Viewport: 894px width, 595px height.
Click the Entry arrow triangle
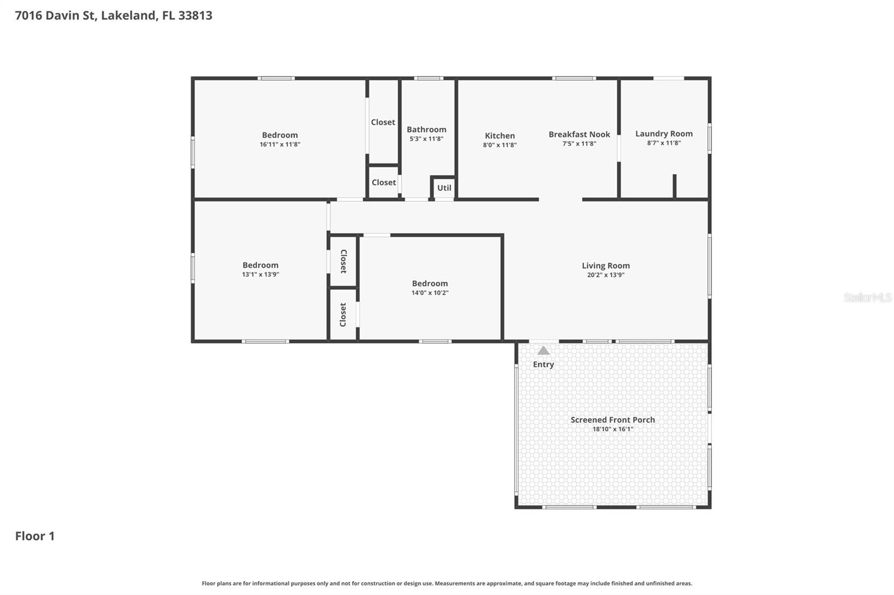tap(543, 351)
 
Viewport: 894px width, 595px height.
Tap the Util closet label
tap(444, 188)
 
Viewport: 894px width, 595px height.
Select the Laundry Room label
tap(664, 133)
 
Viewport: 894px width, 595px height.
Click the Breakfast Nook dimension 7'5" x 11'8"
tap(579, 144)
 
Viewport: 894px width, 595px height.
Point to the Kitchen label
tap(500, 136)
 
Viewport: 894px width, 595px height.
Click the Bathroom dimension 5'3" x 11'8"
tap(426, 139)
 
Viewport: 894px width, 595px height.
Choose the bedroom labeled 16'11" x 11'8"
tap(279, 135)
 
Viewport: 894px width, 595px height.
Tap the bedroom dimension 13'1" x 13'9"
tap(260, 275)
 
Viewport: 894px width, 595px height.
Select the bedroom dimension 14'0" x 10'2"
tap(430, 293)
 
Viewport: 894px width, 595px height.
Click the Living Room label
tap(606, 266)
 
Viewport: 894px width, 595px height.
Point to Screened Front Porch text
tap(612, 420)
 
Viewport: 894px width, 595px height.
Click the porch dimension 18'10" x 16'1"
tap(612, 429)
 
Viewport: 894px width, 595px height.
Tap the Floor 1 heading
tap(35, 536)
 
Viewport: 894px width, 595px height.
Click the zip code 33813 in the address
tap(195, 15)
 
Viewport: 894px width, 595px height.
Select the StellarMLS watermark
tap(867, 297)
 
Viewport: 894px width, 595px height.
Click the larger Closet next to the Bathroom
tap(383, 122)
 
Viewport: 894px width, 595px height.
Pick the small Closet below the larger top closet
tap(384, 183)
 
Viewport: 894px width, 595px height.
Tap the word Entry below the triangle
tap(543, 364)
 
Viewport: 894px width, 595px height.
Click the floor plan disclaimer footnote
tap(446, 583)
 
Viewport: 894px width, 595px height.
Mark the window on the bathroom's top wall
tap(429, 78)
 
